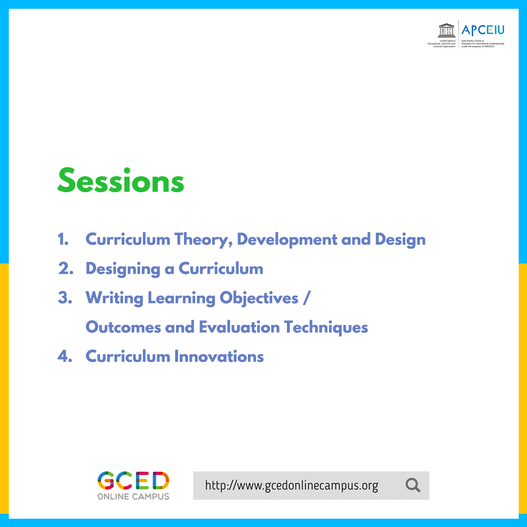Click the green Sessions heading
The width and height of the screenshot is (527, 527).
coord(121,181)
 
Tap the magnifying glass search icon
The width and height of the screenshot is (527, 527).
coord(412,486)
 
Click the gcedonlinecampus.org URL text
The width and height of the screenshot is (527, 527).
coord(291,486)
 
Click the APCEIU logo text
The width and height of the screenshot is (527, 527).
coord(483,30)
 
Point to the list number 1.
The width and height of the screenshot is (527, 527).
coord(62,240)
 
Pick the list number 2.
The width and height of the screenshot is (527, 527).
coord(64,269)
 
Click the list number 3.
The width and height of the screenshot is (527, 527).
coord(64,298)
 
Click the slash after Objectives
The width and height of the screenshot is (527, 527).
coord(305,298)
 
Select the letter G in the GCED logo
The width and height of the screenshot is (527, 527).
coord(106,481)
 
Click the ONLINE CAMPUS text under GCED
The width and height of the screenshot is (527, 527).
coord(133,496)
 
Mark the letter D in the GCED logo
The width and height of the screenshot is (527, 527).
coord(160,481)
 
